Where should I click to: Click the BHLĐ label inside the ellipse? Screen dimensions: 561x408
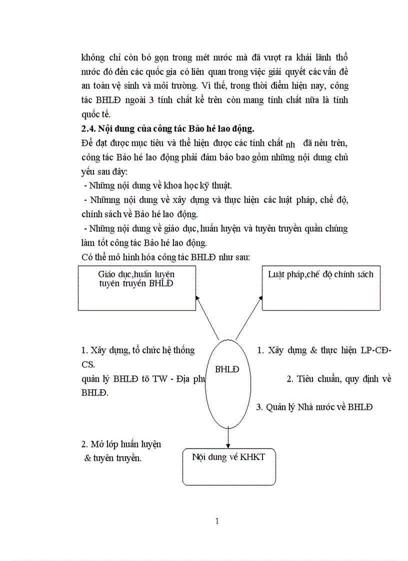click(x=227, y=370)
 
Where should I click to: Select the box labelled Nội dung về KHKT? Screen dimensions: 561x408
click(x=229, y=467)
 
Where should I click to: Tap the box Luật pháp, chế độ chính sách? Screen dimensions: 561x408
click(x=320, y=288)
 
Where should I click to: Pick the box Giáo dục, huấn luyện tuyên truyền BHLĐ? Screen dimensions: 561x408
click(x=136, y=288)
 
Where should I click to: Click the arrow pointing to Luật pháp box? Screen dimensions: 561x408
click(x=249, y=317)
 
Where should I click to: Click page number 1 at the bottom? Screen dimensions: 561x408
click(x=217, y=522)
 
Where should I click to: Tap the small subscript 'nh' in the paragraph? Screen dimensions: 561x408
click(x=290, y=145)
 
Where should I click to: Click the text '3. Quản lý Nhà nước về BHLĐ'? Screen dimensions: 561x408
click(x=314, y=407)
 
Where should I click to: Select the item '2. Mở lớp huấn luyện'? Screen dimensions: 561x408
click(x=121, y=444)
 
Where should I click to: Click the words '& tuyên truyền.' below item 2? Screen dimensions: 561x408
click(x=113, y=458)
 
